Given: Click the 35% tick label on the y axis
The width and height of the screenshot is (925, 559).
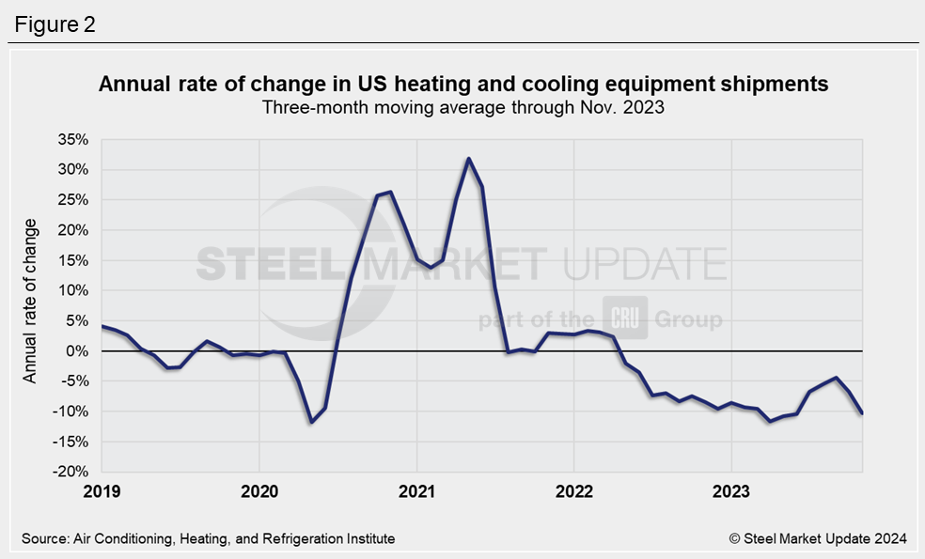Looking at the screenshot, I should click(72, 140).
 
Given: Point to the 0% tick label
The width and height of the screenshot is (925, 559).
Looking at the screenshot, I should click(77, 351).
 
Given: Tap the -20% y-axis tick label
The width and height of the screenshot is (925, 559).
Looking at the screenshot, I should click(71, 472).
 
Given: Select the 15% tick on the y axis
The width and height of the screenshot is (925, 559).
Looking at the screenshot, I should click(72, 260).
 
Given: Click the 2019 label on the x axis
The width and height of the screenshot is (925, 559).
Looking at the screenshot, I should click(101, 490).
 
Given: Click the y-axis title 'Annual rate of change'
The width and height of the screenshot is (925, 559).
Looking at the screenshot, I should click(30, 301).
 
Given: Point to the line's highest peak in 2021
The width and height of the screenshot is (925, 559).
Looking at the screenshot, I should click(468, 159).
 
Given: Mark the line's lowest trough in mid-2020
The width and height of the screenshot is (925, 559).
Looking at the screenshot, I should click(311, 422).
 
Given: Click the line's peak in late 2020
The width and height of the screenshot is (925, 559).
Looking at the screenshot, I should click(390, 192).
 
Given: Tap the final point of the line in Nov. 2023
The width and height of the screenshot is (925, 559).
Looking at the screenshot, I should click(861, 413).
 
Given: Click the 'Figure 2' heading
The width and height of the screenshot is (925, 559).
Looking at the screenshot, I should click(54, 24).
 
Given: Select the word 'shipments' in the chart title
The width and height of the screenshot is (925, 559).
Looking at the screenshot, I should click(775, 85).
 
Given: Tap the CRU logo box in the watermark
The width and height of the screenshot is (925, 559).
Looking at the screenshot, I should click(618, 318).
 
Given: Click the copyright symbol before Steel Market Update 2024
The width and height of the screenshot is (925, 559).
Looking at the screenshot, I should click(735, 538).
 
